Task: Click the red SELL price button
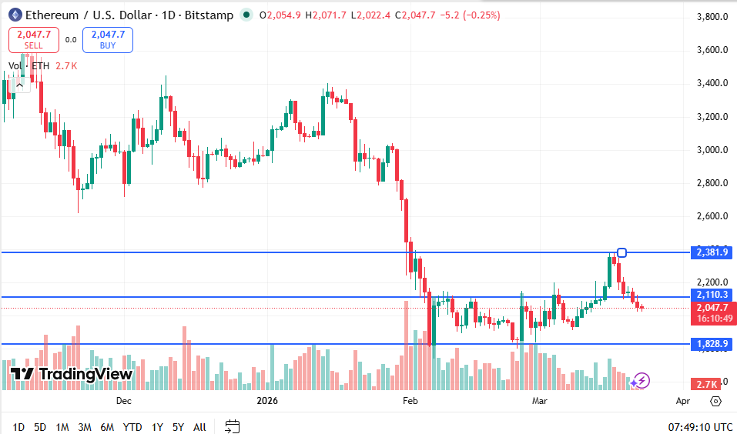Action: pos(33,39)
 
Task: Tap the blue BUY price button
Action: pos(108,39)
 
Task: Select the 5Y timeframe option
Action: pos(178,426)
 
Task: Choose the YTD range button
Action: pos(132,426)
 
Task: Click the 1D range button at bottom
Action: pos(18,426)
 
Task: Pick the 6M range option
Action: pos(107,426)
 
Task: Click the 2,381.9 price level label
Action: pos(712,252)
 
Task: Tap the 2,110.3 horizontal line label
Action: pos(712,295)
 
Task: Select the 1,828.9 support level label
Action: pos(712,344)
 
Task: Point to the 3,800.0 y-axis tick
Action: pos(712,17)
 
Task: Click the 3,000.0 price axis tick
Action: pos(712,150)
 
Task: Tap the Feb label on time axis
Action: pos(410,401)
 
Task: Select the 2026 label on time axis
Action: pos(266,401)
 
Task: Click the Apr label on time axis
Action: pos(682,401)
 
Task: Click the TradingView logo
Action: pos(72,374)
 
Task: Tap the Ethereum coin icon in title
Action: pos(15,15)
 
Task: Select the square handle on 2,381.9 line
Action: pos(621,252)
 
